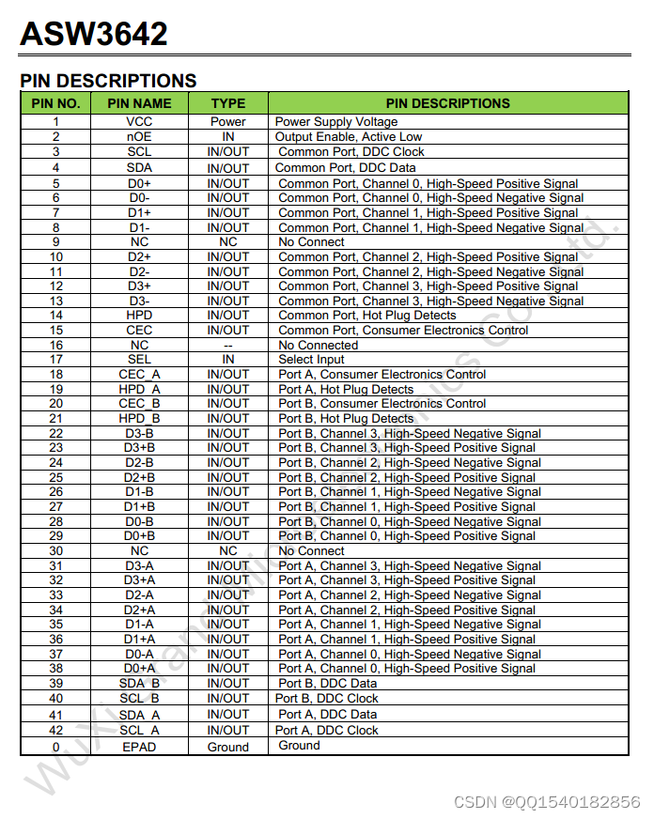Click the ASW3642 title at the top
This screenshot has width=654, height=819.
(x=94, y=35)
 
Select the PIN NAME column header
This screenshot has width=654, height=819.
(x=139, y=103)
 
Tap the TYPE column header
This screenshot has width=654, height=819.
(x=228, y=103)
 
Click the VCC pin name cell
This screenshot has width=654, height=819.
(x=139, y=122)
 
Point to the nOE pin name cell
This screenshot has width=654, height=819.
(x=139, y=137)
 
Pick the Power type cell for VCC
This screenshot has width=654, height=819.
(x=228, y=122)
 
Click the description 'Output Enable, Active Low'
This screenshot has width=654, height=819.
(x=349, y=137)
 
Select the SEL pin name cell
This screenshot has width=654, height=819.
(x=139, y=360)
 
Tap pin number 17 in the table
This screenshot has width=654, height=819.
(x=56, y=360)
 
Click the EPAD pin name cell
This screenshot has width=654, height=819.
(x=139, y=747)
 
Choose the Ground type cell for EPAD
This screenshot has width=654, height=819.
(x=228, y=747)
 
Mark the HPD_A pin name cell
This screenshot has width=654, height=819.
(x=139, y=389)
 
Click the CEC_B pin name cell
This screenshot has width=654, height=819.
(x=139, y=404)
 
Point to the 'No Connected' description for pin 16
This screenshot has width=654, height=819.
(x=319, y=346)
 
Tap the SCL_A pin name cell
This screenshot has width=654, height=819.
(x=139, y=730)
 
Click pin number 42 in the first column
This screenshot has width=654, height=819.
(x=56, y=730)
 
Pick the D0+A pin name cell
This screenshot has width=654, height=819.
(x=139, y=669)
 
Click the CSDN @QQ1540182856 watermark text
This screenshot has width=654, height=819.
(x=547, y=801)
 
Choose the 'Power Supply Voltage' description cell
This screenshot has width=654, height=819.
(x=336, y=122)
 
